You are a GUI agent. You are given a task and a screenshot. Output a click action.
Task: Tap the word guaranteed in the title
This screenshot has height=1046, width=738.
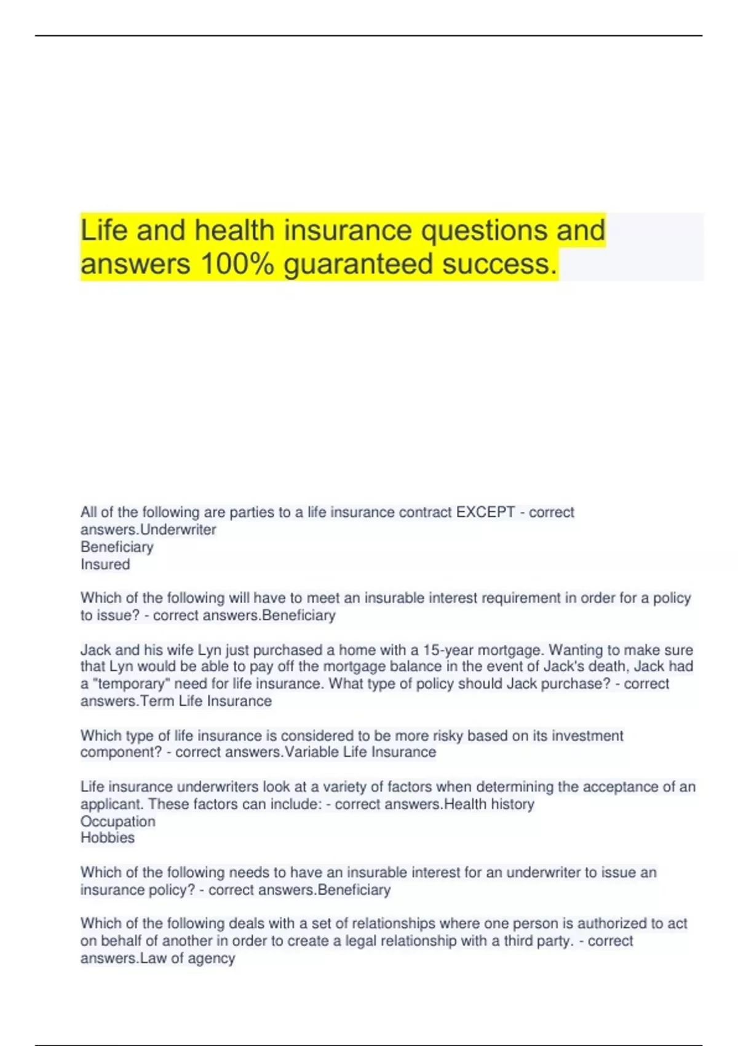359,264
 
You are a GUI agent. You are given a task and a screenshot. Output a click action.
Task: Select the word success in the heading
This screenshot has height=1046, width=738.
498,264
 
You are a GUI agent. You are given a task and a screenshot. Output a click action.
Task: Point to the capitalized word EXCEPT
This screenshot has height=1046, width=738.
485,512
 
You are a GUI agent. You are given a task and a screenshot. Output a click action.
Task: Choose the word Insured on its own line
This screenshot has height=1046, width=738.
105,564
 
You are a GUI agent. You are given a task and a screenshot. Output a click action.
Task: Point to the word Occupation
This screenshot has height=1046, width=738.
118,821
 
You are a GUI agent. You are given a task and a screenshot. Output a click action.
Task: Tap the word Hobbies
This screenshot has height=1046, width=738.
108,837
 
